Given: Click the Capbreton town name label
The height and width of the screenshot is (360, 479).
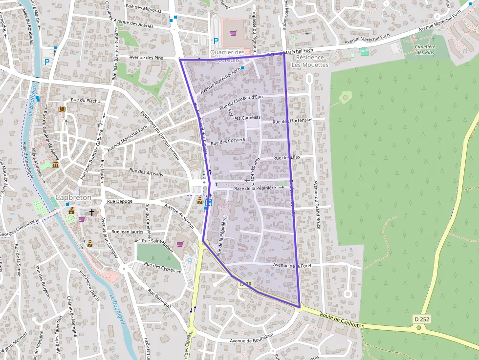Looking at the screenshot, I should pos(73,197).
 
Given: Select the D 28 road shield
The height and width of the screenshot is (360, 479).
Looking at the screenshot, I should pos(245,284).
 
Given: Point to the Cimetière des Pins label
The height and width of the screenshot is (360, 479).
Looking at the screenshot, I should pos(424,49).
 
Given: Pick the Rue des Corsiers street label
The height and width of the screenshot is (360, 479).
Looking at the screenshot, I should pos(227,141).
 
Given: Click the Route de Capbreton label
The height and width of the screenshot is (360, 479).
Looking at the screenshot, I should pos(342,319).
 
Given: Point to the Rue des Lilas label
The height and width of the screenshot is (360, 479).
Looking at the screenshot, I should pos(286,157).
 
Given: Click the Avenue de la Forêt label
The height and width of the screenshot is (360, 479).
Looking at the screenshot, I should pos(292,265).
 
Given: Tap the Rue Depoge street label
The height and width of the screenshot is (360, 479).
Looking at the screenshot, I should pos(120,201).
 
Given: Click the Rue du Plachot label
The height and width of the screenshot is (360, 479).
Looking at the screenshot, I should pos(87,101).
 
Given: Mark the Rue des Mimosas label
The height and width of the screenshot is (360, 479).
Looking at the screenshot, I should pos(144,8).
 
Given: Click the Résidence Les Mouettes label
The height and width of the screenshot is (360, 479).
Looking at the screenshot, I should pos(310,61).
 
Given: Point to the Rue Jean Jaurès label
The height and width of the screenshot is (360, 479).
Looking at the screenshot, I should pos(127,232).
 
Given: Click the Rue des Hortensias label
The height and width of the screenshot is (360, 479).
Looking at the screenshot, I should pos(292,121).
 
